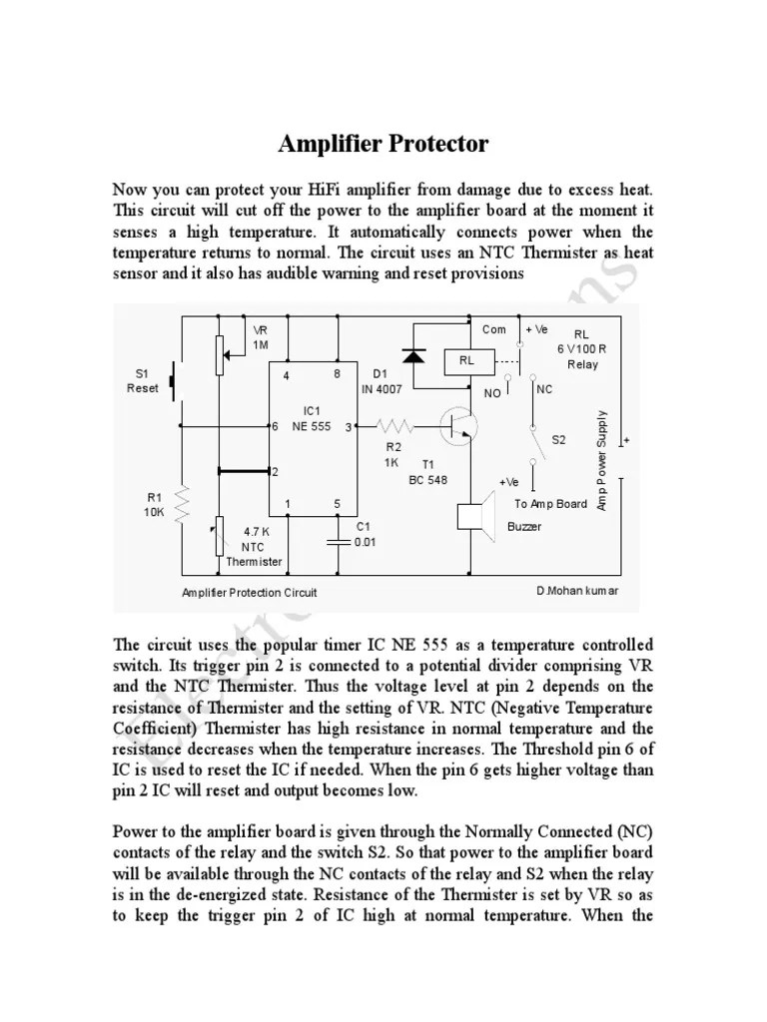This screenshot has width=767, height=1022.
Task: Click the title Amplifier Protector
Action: point(383,145)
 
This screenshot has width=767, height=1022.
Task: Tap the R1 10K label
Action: point(153,504)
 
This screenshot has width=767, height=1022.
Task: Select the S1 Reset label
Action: point(142,381)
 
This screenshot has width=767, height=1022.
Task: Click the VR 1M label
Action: point(262,336)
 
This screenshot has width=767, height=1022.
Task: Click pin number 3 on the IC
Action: point(347,427)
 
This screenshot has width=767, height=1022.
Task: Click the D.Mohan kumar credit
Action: point(576,590)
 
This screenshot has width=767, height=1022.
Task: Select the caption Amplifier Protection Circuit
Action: point(249,592)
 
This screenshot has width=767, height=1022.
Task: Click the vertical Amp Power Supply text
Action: point(602,460)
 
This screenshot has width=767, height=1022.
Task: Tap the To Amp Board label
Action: point(550,504)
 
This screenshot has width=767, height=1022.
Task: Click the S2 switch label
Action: point(558,439)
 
